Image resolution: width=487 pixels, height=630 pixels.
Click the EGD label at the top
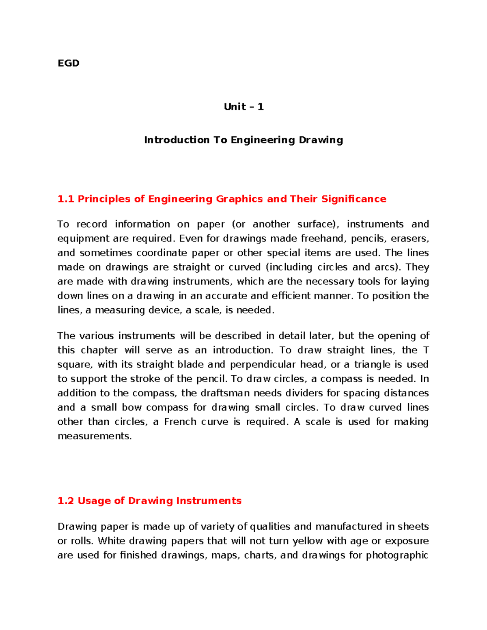(x=68, y=63)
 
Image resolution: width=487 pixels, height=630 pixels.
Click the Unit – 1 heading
(x=243, y=107)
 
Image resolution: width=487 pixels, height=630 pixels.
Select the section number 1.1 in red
(x=65, y=199)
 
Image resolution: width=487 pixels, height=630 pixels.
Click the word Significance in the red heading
(x=353, y=199)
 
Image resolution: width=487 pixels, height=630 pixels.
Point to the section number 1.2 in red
(x=65, y=501)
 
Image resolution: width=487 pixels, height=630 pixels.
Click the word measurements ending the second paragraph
(x=94, y=436)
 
